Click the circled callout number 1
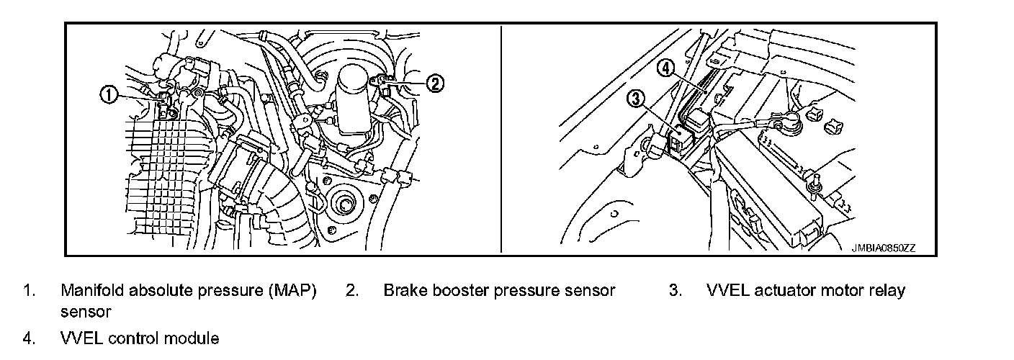pos(109,94)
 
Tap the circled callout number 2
pos(434,84)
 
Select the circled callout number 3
pos(637,100)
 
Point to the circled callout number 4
pos(667,68)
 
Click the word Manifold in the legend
pos(92,291)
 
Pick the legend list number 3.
pos(675,291)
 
